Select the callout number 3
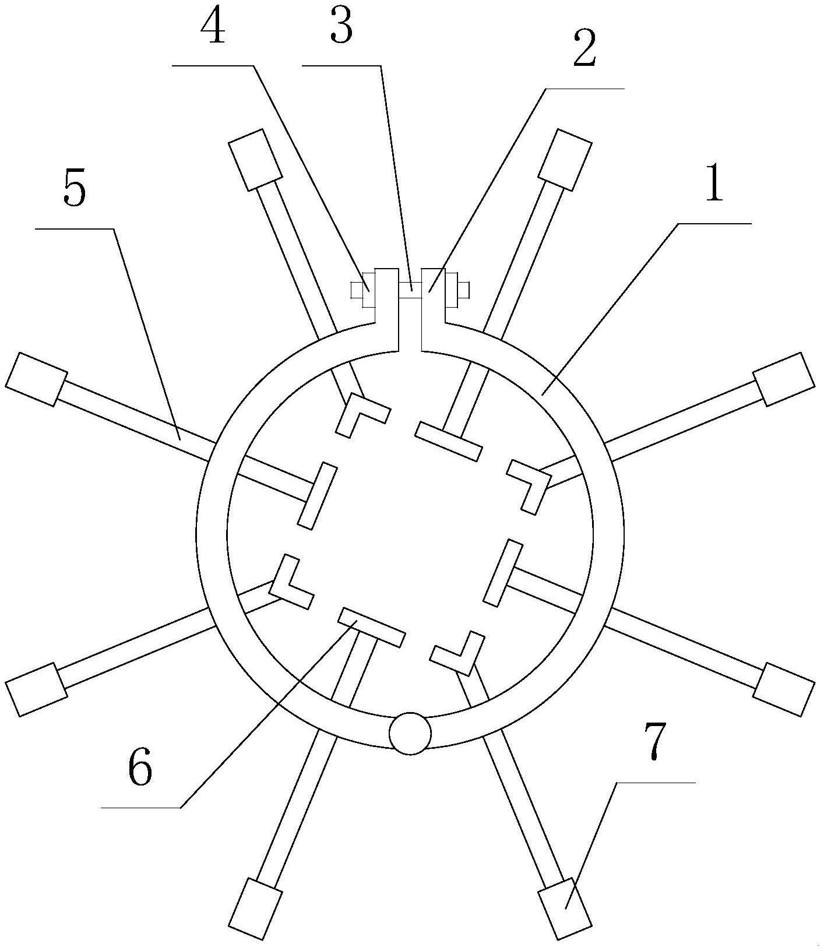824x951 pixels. tap(341, 27)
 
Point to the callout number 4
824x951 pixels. tap(213, 27)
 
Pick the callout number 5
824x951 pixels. tap(75, 189)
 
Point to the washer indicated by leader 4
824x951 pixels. tap(368, 290)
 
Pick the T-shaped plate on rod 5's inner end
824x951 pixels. tap(318, 496)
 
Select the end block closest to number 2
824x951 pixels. tap(565, 160)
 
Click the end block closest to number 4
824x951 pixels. tap(256, 159)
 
